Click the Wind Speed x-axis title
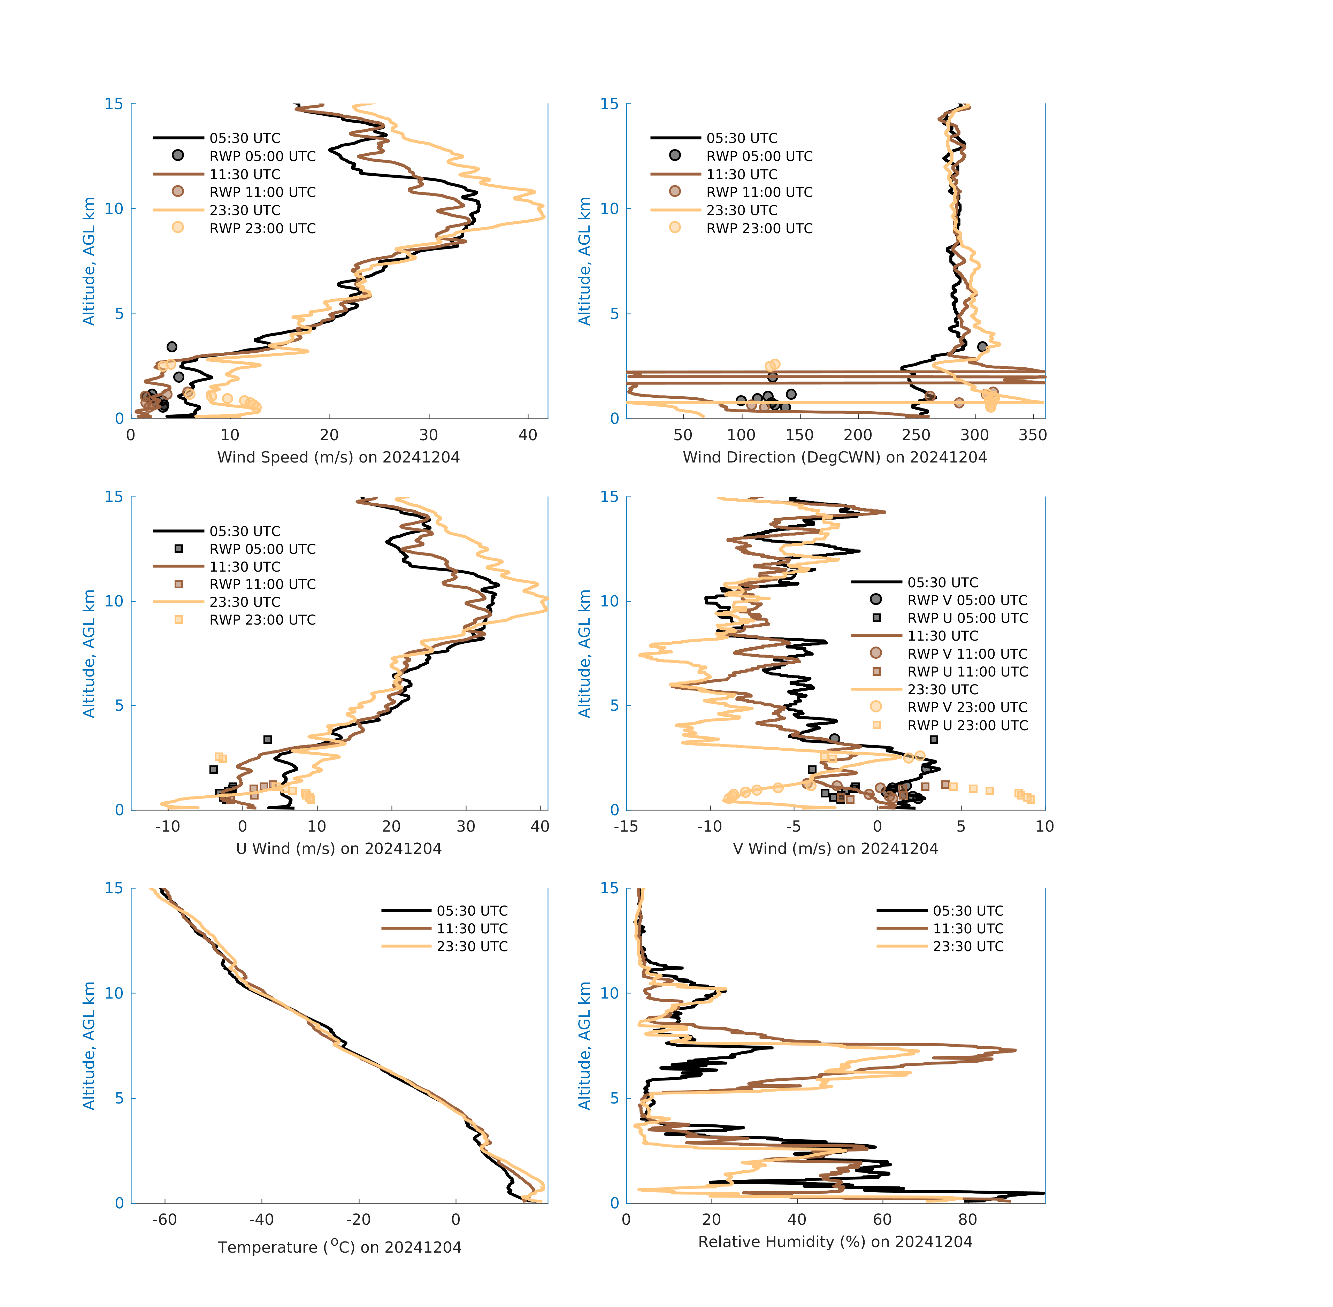(x=338, y=457)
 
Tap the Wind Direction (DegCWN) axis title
(x=835, y=457)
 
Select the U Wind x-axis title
(x=338, y=848)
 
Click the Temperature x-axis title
(x=339, y=1247)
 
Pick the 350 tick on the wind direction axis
(x=1032, y=435)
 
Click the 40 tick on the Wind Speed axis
(x=528, y=435)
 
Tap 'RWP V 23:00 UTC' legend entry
(x=967, y=707)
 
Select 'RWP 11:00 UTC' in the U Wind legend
(x=262, y=584)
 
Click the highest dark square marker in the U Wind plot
(x=268, y=739)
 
